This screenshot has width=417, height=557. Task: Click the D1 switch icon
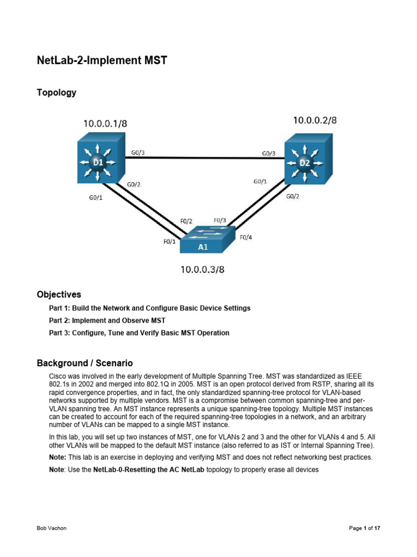pyautogui.click(x=98, y=162)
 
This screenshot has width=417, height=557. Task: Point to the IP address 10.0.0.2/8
pyautogui.click(x=315, y=120)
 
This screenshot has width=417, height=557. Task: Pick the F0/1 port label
pyautogui.click(x=169, y=242)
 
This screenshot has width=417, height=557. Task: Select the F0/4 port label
pyautogui.click(x=246, y=237)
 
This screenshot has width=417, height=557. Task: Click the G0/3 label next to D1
pyautogui.click(x=138, y=153)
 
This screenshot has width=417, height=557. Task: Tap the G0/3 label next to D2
pyautogui.click(x=269, y=153)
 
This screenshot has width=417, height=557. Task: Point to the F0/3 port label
pyautogui.click(x=220, y=220)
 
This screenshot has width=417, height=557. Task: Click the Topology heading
pyautogui.click(x=56, y=92)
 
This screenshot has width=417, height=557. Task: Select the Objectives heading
pyautogui.click(x=59, y=294)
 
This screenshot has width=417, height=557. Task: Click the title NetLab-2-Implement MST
pyautogui.click(x=102, y=60)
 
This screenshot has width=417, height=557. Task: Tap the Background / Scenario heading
pyautogui.click(x=85, y=363)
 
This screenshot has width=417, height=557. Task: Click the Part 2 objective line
pyautogui.click(x=107, y=320)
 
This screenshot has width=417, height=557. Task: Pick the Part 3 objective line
pyautogui.click(x=139, y=333)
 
